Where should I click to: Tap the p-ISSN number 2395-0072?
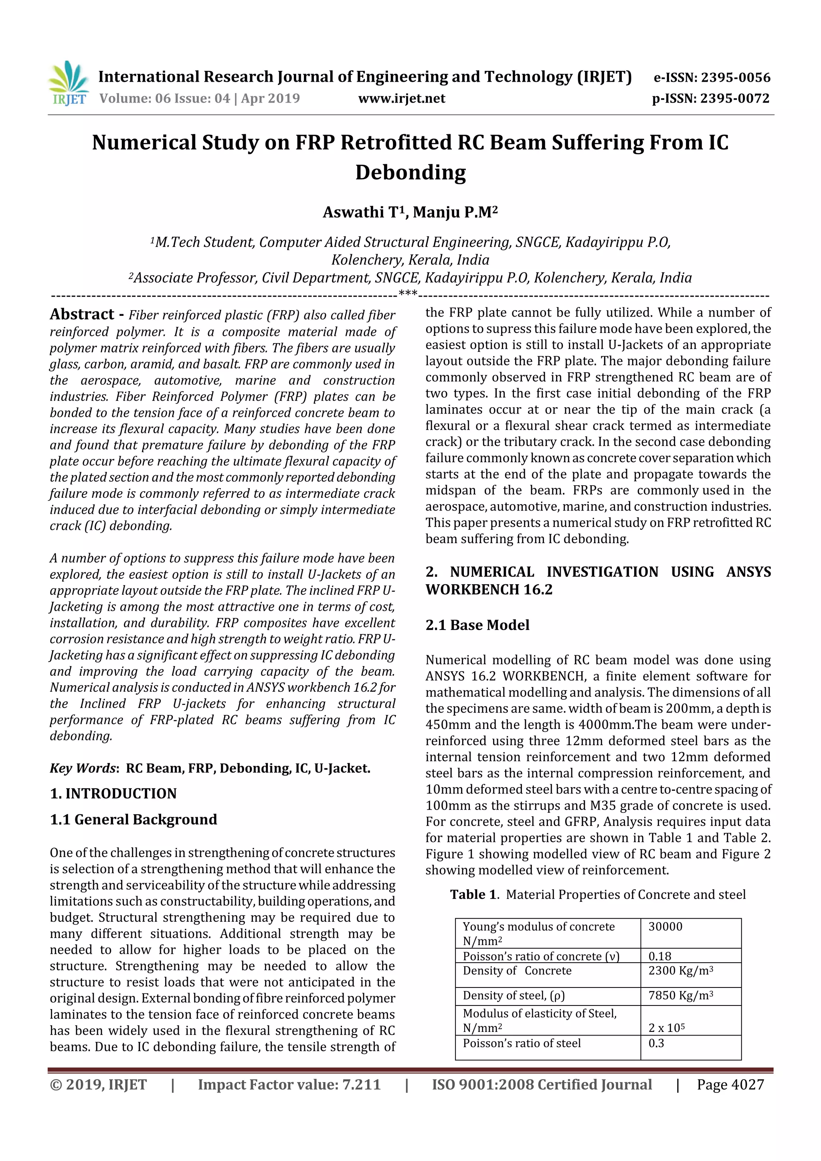[734, 99]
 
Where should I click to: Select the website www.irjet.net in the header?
[402, 99]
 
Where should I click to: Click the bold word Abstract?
[82, 315]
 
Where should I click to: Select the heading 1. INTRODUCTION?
[113, 794]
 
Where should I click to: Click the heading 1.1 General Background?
[133, 819]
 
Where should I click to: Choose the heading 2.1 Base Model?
[477, 625]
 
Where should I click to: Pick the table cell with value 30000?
[665, 927]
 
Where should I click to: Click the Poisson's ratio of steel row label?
[522, 1043]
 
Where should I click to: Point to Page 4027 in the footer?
[730, 1084]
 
